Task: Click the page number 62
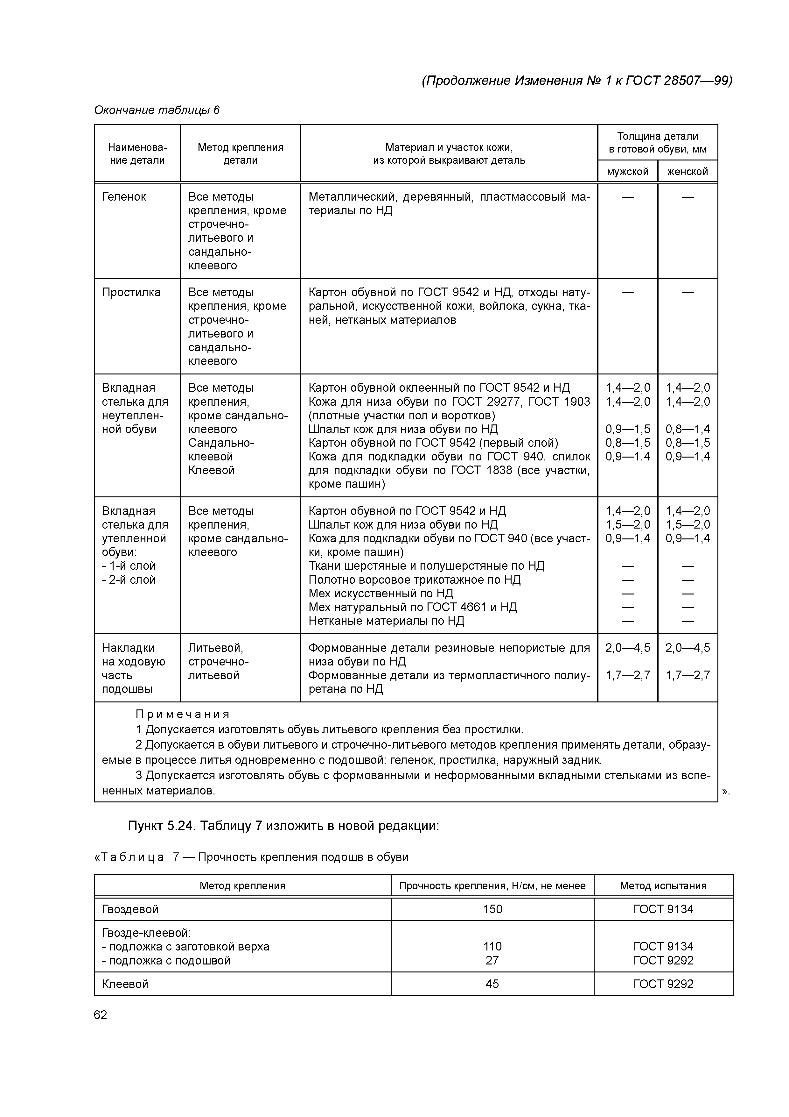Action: point(101,1014)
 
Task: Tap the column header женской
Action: point(688,172)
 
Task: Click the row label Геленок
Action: point(124,197)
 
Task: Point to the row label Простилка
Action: point(131,292)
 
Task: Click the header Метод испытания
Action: point(663,886)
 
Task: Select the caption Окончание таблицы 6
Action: point(157,110)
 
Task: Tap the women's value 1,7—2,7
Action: point(688,675)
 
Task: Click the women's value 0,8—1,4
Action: point(688,429)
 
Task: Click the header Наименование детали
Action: point(137,154)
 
